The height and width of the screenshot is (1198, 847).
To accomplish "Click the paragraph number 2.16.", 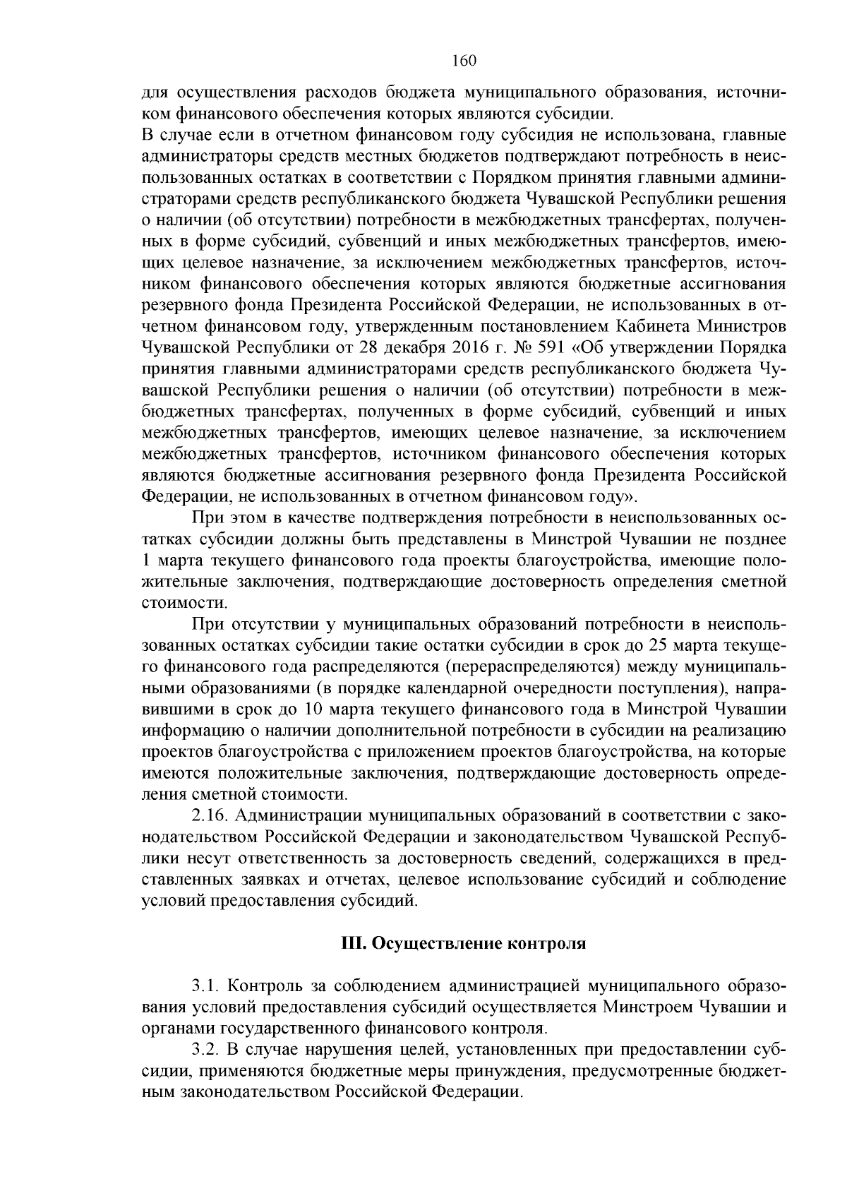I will click(x=210, y=816).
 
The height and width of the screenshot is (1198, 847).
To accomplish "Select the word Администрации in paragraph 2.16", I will click(x=297, y=816).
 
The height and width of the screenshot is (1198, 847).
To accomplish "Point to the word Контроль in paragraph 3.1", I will click(x=265, y=986).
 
